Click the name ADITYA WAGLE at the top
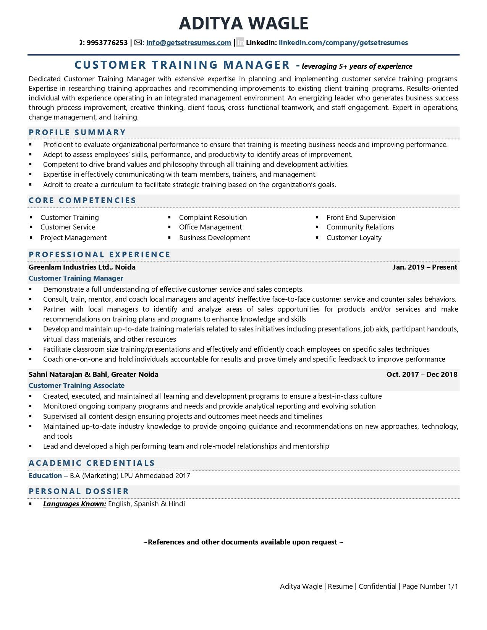(243, 23)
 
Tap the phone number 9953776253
(107, 43)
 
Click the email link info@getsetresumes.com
(188, 43)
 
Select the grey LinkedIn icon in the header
(240, 43)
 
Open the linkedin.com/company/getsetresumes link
(343, 43)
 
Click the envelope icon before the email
(138, 43)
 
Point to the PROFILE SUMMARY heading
(77, 132)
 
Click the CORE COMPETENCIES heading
(83, 200)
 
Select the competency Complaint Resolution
(213, 217)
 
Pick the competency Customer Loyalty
(354, 237)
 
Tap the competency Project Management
(73, 237)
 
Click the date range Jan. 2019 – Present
(424, 267)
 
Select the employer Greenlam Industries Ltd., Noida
(82, 267)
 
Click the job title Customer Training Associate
(76, 385)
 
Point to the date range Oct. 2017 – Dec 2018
(421, 375)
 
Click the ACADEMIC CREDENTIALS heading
(92, 463)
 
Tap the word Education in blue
(45, 476)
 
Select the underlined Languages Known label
(74, 504)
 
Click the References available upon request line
(243, 542)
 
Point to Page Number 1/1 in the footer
(430, 586)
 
